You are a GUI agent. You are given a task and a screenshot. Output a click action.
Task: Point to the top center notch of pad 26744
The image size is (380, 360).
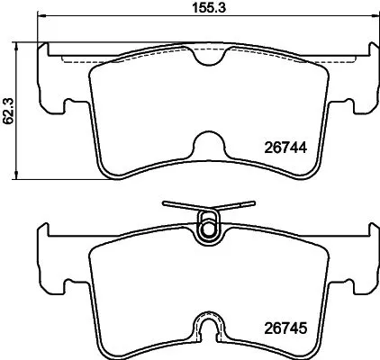(x=208, y=58)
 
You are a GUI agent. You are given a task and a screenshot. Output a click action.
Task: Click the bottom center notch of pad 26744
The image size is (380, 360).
(x=208, y=145)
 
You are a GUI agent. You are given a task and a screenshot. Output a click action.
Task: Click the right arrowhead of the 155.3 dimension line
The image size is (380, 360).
(x=371, y=16)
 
